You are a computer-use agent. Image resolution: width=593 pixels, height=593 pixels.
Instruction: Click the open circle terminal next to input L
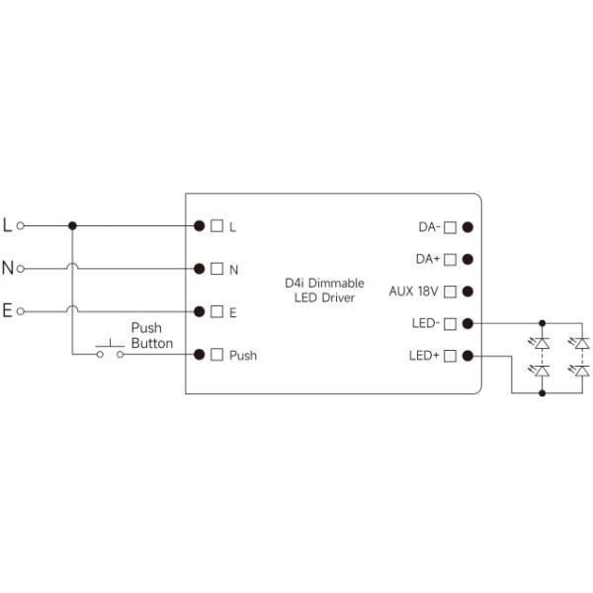click(20, 225)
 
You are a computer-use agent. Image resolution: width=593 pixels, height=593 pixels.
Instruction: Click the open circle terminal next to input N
click(20, 268)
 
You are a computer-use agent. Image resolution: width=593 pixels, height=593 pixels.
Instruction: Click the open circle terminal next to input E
click(20, 311)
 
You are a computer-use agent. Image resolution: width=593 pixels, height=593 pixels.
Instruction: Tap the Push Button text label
click(151, 335)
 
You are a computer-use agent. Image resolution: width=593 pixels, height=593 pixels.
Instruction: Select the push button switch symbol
click(109, 351)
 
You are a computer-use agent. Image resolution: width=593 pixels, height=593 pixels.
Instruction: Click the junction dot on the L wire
click(72, 225)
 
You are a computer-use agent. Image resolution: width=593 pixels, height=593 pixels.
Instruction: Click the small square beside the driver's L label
click(216, 225)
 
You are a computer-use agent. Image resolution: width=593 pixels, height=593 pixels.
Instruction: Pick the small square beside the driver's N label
click(216, 268)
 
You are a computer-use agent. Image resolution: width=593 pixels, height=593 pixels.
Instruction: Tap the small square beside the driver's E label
click(216, 311)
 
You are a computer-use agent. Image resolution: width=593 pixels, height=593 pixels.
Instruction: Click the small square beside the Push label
click(216, 354)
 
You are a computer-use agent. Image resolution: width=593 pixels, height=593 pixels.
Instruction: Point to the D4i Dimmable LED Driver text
click(324, 290)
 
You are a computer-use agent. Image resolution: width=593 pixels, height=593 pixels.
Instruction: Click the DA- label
click(428, 227)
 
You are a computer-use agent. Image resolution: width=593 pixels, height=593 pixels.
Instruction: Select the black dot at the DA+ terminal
click(467, 259)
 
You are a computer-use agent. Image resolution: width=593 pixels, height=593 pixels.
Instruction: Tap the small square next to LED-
click(450, 323)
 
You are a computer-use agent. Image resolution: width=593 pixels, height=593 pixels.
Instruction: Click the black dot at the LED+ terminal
click(467, 355)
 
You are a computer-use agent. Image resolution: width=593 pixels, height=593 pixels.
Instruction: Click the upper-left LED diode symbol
click(542, 343)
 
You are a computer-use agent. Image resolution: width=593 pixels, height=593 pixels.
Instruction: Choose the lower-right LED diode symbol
click(582, 372)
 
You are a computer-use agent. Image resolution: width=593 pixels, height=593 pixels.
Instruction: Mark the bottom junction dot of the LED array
click(542, 392)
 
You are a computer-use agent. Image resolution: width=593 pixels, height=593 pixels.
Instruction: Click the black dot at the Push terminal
click(200, 354)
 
